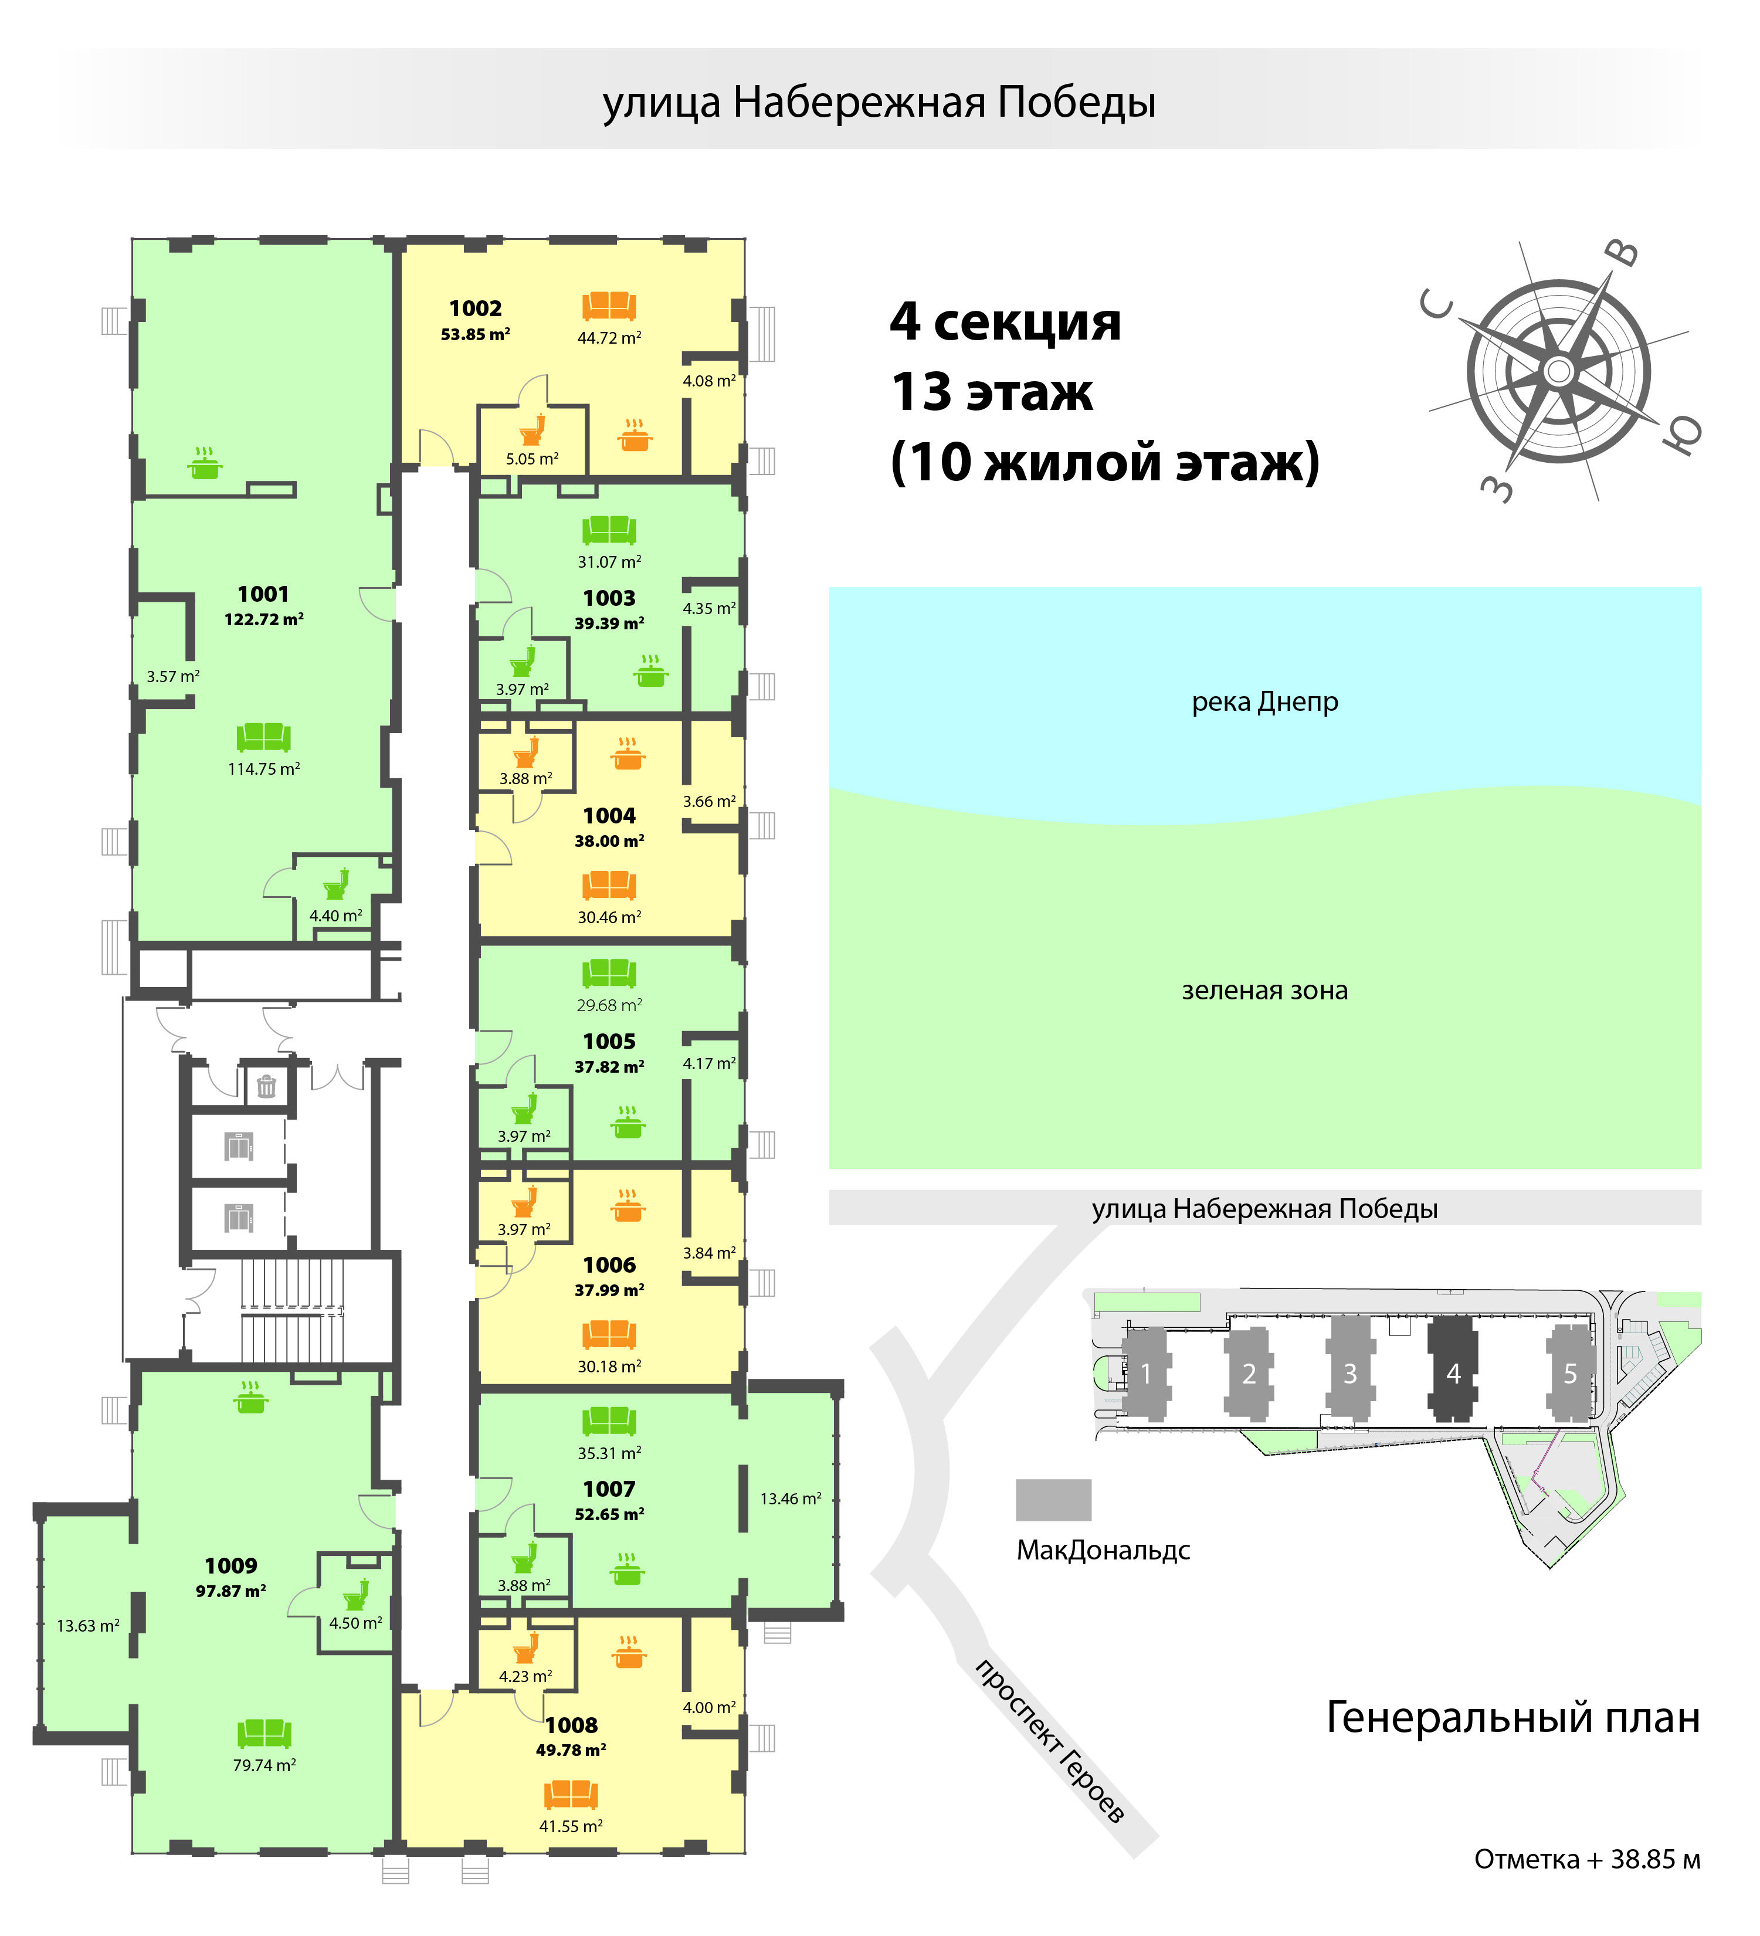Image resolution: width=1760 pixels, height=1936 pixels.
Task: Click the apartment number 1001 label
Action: [x=263, y=595]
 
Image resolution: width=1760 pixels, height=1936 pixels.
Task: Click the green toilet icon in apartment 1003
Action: [x=523, y=662]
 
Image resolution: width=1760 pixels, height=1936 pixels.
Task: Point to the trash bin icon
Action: [x=266, y=1086]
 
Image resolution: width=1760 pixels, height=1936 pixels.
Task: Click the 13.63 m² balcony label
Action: [x=89, y=1626]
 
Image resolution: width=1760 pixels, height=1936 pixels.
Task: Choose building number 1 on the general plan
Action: [x=1145, y=1373]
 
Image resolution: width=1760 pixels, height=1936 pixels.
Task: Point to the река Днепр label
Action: [x=1264, y=702]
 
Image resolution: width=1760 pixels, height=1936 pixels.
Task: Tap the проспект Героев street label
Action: [x=1049, y=1739]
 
